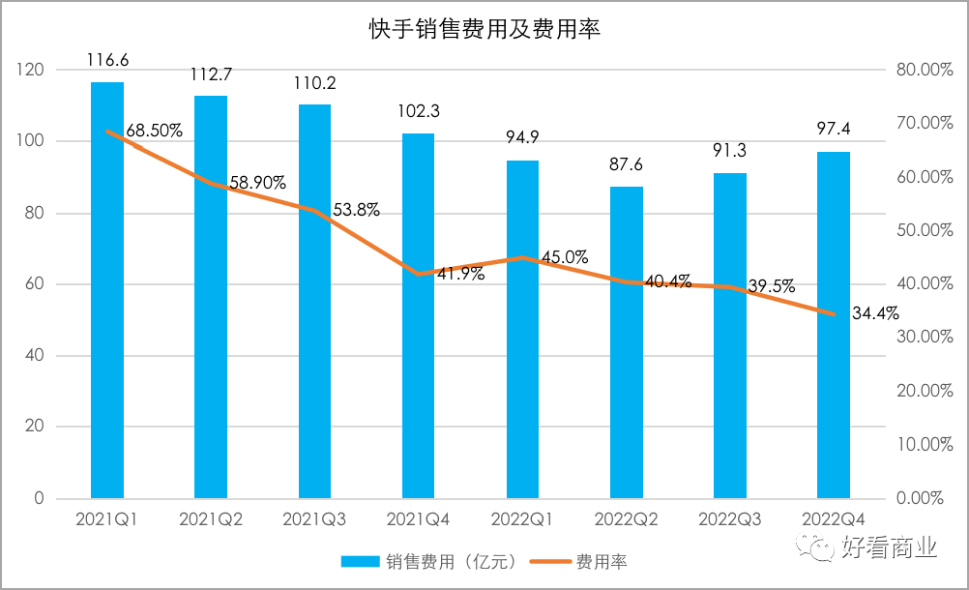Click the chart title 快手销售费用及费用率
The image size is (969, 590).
[x=484, y=29]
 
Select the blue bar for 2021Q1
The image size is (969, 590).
[x=107, y=290]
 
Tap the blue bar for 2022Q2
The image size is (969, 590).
[x=627, y=342]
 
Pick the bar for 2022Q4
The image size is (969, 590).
[x=834, y=325]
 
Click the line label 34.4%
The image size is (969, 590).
[x=876, y=312]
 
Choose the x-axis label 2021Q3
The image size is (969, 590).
[x=314, y=519]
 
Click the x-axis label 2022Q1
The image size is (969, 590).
[x=522, y=519]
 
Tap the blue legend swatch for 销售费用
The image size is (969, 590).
[x=361, y=561]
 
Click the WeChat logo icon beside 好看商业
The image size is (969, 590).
[x=823, y=548]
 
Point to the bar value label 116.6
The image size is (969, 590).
[x=107, y=61]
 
